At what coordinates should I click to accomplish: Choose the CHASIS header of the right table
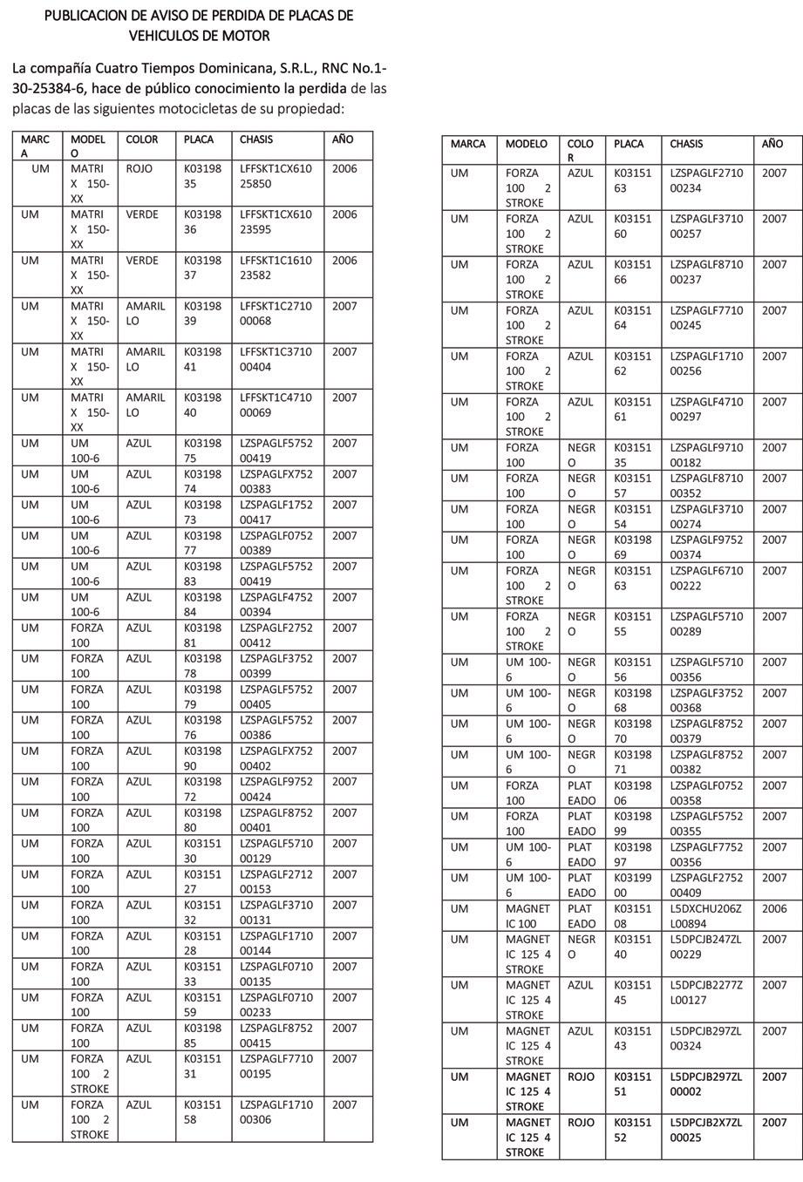click(686, 144)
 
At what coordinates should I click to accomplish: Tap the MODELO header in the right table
click(527, 144)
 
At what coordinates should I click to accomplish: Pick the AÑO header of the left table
click(342, 139)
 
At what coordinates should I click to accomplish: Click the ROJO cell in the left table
click(140, 168)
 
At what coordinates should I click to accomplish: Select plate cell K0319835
click(202, 176)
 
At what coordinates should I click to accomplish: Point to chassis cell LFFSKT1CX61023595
click(275, 221)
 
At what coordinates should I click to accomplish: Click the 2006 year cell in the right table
click(773, 908)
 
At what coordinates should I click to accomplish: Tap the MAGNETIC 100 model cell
click(527, 916)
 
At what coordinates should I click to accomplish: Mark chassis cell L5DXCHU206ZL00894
click(705, 916)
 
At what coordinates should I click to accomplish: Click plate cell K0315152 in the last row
click(632, 1130)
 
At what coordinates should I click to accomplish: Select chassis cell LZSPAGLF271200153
click(275, 881)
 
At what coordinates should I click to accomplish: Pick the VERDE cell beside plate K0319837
click(142, 260)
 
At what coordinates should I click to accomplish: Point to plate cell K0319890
click(202, 758)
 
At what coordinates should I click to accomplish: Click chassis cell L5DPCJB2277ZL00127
click(705, 993)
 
